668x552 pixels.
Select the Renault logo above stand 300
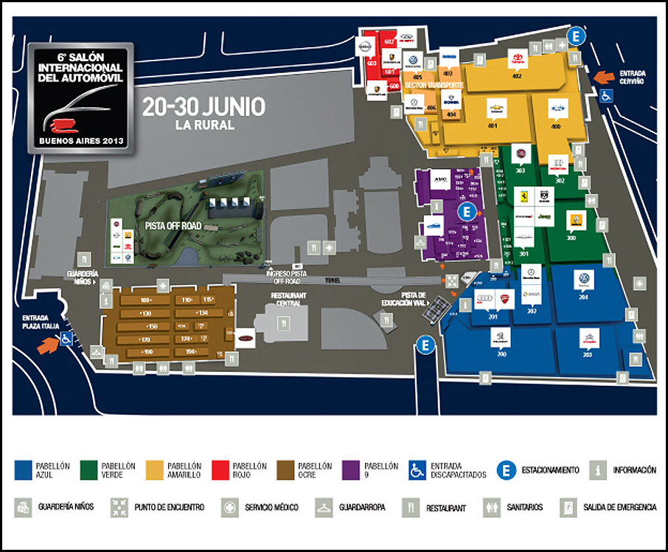click(571, 221)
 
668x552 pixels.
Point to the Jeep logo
click(544, 218)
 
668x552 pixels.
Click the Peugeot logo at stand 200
click(501, 337)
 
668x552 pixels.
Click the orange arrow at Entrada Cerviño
click(604, 76)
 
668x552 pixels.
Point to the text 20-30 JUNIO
click(203, 107)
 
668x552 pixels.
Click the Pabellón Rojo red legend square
click(219, 470)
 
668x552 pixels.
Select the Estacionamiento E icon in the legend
click(507, 470)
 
